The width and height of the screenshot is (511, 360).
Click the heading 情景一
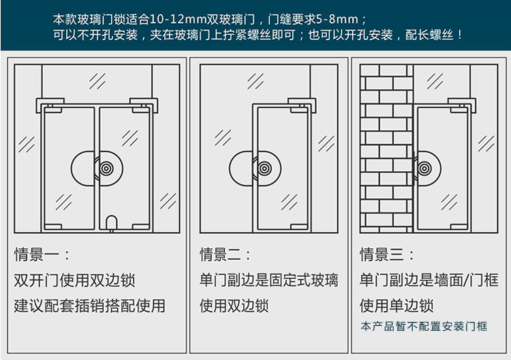(x=37, y=254)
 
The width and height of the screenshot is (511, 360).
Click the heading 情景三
(x=382, y=254)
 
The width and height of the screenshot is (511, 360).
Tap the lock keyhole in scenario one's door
(x=106, y=168)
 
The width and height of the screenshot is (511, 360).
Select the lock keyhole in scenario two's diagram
(x=264, y=168)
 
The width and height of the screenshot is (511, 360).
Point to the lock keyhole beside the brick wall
(x=424, y=168)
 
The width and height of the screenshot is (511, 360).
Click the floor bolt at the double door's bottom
(x=112, y=224)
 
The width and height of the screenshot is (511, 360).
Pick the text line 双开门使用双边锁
(x=75, y=280)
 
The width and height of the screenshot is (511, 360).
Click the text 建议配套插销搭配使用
(x=90, y=306)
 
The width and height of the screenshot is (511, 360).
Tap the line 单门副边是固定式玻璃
(x=269, y=280)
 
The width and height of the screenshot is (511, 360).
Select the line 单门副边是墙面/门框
(x=429, y=280)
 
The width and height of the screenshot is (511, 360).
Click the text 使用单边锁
(x=397, y=306)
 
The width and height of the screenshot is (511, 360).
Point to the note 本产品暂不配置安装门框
(x=424, y=327)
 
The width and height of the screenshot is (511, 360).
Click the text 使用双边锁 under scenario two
(x=234, y=306)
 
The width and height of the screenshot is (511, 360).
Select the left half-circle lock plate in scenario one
(x=72, y=168)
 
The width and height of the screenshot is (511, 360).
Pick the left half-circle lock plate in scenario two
(x=230, y=168)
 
